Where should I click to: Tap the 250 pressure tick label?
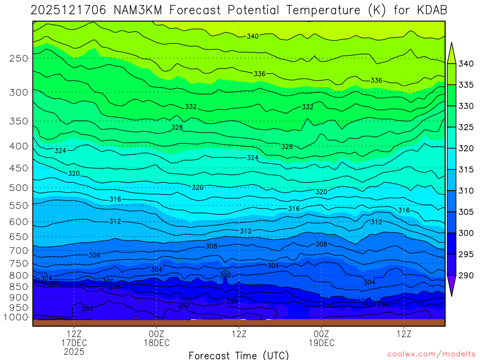pos(19,59)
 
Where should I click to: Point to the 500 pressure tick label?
pos(19,188)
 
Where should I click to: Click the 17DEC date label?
pos(74,343)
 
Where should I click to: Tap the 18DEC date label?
pos(157,343)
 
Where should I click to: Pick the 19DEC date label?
pos(322,343)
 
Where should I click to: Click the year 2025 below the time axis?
pos(74,351)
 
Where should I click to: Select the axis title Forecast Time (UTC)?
pos(239,355)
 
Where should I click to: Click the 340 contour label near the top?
pos(253,36)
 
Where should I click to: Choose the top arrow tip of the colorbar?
pos(452,43)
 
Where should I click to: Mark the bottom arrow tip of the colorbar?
pos(452,296)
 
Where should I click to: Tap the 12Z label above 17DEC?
pos(74,334)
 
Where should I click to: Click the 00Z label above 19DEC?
pos(322,334)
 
